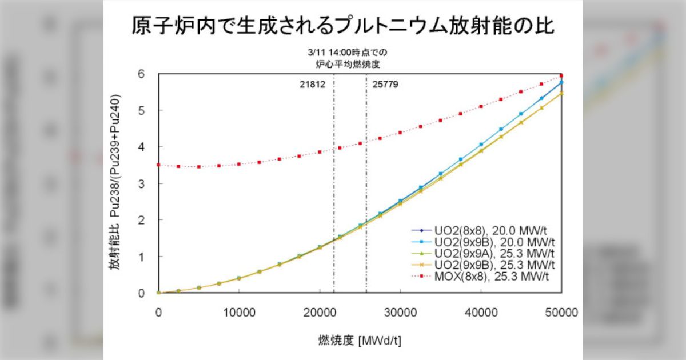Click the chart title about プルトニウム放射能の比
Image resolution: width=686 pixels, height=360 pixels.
(x=342, y=26)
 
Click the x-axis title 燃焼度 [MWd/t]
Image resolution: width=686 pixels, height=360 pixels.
(x=360, y=341)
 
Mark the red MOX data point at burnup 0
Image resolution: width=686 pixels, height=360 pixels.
(x=158, y=165)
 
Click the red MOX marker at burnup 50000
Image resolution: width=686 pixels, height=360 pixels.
(x=561, y=75)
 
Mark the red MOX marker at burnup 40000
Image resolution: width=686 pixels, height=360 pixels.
(x=481, y=106)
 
